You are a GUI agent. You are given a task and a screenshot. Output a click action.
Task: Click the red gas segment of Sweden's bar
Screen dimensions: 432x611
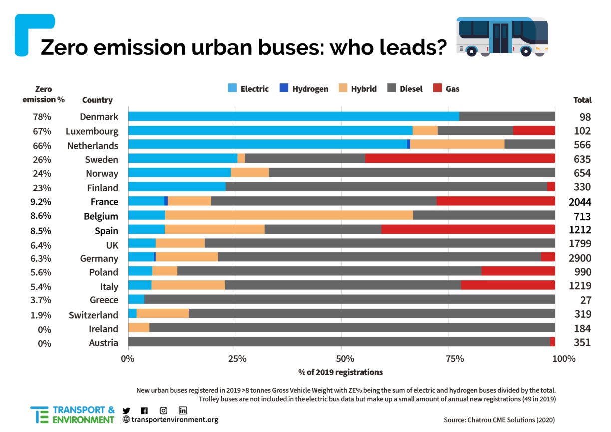coord(460,159)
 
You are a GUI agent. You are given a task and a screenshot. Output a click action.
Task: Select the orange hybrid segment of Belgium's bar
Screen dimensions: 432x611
coord(289,215)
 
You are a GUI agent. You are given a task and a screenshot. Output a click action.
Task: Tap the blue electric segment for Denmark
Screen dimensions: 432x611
coord(294,116)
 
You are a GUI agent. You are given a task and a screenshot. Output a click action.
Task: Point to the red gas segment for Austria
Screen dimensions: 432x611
coord(552,342)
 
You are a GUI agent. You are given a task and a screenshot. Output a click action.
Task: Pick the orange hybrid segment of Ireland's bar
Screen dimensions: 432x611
coord(139,328)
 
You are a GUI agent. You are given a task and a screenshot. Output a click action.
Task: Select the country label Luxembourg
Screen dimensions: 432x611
coord(92,131)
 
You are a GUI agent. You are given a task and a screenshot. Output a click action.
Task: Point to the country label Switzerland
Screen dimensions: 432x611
coord(94,315)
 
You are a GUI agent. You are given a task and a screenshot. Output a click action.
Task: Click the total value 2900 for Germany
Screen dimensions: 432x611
coord(579,258)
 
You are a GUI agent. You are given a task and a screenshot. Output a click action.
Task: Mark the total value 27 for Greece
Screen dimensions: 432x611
coord(585,300)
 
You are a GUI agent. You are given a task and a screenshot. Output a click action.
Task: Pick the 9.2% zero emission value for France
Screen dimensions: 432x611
coord(42,202)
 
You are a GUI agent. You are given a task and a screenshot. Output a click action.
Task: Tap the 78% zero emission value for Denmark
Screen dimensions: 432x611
coord(42,117)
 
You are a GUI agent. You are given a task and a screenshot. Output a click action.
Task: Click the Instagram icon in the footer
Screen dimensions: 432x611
coord(163,411)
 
